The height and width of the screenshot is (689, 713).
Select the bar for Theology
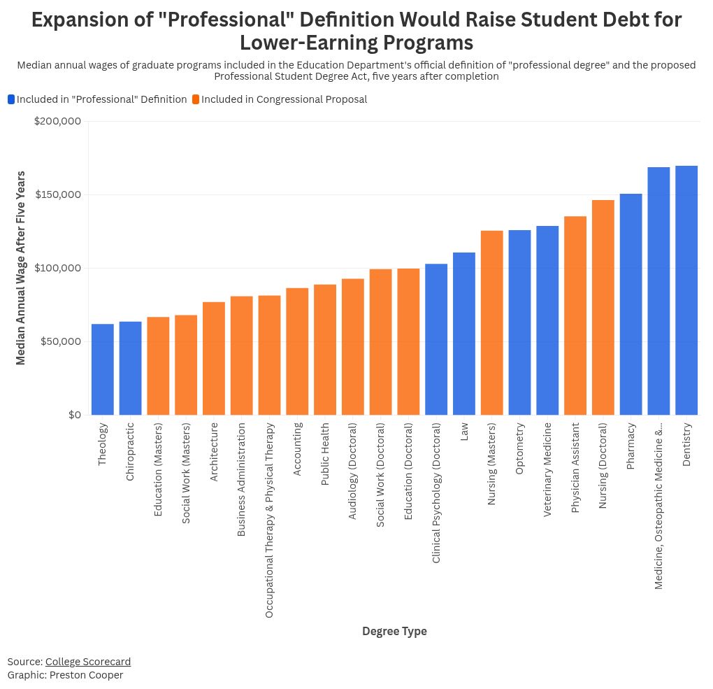pyautogui.click(x=103, y=369)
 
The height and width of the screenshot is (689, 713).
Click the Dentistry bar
pyautogui.click(x=686, y=290)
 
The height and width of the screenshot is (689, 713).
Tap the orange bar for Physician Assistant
pyautogui.click(x=575, y=315)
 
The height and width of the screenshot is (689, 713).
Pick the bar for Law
pyautogui.click(x=464, y=334)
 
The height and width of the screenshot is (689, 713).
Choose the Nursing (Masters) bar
pyautogui.click(x=492, y=322)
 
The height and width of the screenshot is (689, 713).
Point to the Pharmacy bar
pyautogui.click(x=631, y=304)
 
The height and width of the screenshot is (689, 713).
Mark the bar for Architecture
pyautogui.click(x=214, y=358)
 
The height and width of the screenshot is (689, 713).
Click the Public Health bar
pyautogui.click(x=325, y=350)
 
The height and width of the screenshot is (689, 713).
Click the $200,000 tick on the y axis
pyautogui.click(x=57, y=121)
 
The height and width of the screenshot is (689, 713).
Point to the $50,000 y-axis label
pyautogui.click(x=60, y=341)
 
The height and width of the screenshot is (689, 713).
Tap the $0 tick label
pyautogui.click(x=74, y=415)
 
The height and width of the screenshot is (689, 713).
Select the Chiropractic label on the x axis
pyautogui.click(x=130, y=451)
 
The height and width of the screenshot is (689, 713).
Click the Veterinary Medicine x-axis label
pyautogui.click(x=547, y=469)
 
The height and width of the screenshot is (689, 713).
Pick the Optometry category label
pyautogui.click(x=519, y=448)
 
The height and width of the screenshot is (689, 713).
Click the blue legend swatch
pyautogui.click(x=11, y=99)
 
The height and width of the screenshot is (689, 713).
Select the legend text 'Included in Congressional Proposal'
pyautogui.click(x=284, y=99)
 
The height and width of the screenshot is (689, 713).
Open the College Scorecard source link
pyautogui.click(x=88, y=662)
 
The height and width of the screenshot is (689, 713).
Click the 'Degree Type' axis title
pyautogui.click(x=394, y=631)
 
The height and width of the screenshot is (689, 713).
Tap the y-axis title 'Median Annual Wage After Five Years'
pyautogui.click(x=21, y=268)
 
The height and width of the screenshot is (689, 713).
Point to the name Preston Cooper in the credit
pyautogui.click(x=86, y=675)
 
